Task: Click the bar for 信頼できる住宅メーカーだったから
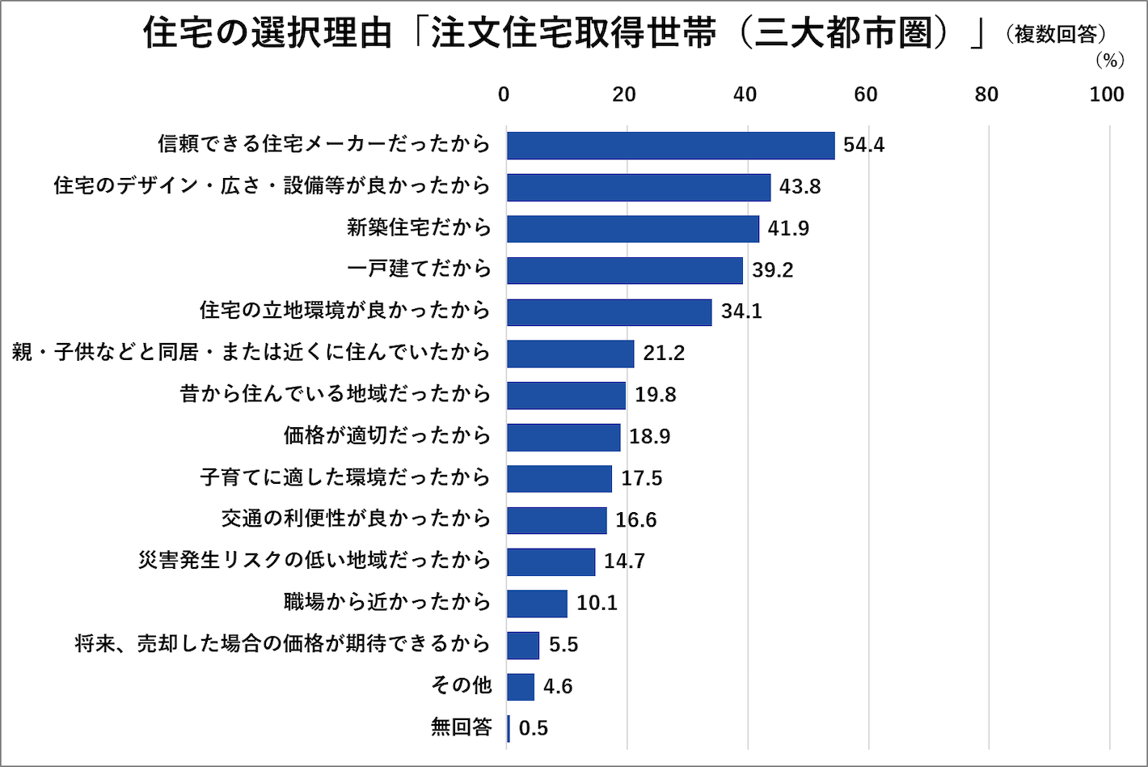(670, 146)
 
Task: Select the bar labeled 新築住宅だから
(633, 229)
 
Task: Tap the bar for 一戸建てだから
(625, 270)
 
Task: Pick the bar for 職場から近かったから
(537, 604)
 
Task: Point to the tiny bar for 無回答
(509, 728)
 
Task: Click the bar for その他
(521, 687)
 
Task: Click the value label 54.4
(863, 146)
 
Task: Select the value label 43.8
(800, 187)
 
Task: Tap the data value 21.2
(664, 354)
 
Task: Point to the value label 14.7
(624, 561)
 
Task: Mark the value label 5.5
(563, 645)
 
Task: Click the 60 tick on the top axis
(865, 95)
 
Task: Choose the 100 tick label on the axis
(1106, 95)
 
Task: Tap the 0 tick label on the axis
(504, 95)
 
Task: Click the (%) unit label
(1109, 61)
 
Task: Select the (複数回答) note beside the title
(1056, 35)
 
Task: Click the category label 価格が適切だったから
(386, 436)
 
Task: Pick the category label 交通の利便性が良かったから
(356, 519)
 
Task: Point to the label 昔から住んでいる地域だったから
(335, 395)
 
